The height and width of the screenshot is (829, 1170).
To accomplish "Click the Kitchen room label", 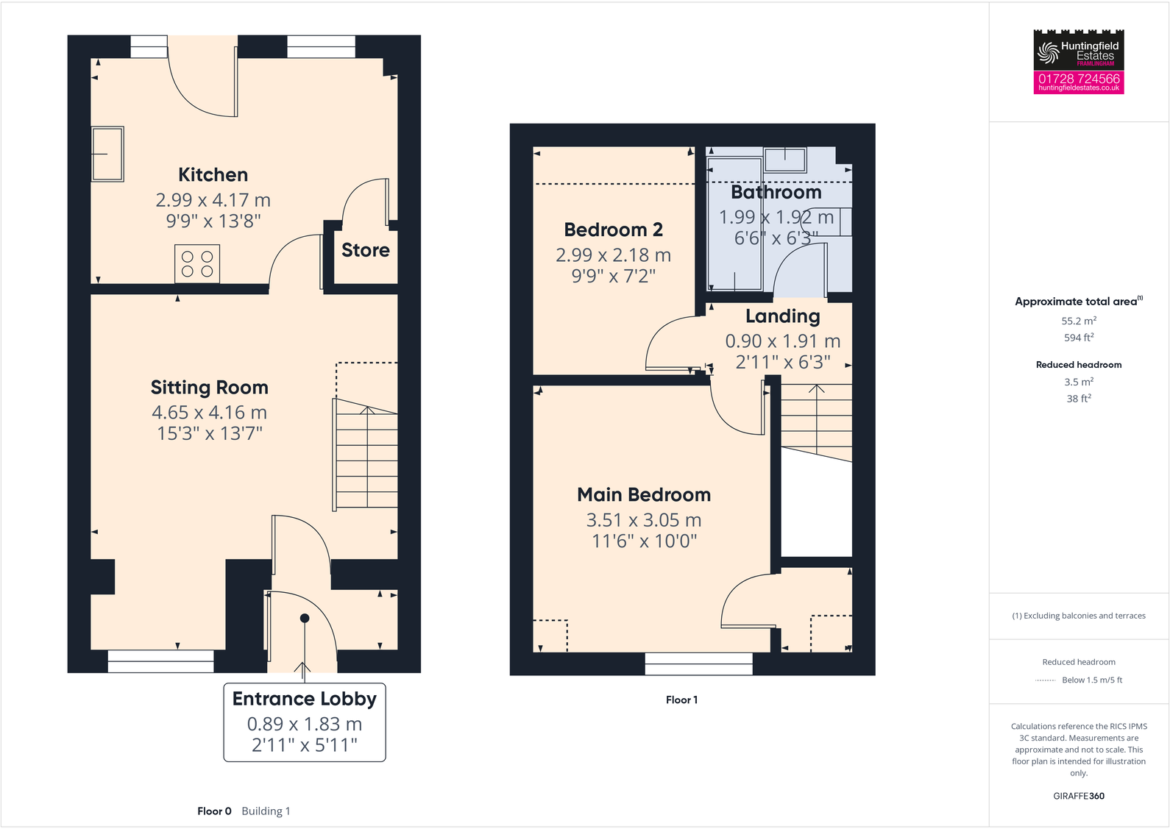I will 213,175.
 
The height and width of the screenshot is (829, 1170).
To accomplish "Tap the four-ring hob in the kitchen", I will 197,263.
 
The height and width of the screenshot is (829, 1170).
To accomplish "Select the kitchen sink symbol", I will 107,154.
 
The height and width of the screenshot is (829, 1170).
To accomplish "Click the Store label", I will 365,251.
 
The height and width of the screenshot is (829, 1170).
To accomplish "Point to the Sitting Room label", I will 209,388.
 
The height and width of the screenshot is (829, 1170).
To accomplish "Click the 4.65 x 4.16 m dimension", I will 209,413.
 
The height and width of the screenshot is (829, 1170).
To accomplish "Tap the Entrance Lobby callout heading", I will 304,699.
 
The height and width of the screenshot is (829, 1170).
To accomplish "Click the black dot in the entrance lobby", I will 305,618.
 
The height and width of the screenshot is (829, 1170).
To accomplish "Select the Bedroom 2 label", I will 613,230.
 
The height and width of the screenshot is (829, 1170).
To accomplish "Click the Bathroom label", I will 776,193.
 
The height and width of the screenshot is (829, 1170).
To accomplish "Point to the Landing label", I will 782,316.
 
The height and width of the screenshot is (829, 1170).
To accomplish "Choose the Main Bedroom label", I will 643,495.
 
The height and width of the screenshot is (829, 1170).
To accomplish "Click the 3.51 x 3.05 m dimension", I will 643,520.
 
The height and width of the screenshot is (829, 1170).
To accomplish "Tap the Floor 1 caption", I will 681,700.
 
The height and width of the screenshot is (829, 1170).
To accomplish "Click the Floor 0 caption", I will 214,811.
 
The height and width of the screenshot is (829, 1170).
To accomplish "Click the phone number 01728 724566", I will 1078,78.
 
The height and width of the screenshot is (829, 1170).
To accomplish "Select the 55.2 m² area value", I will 1078,321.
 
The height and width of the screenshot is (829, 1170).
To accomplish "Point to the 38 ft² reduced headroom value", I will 1078,399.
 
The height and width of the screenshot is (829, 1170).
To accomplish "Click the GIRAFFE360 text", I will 1078,796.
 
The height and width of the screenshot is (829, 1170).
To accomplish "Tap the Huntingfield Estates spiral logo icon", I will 1047,52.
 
